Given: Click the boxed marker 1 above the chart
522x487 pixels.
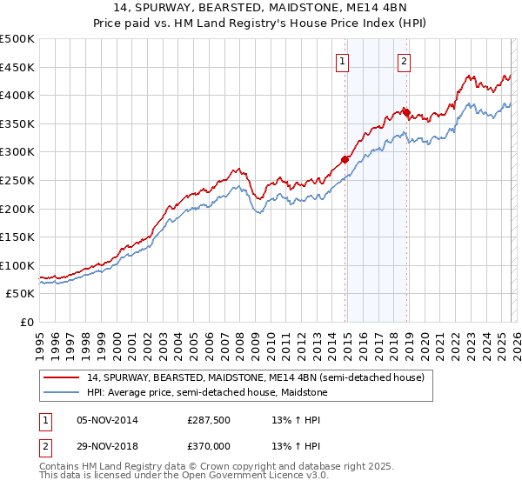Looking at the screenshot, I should coord(343,61).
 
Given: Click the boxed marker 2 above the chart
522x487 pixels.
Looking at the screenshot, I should coord(405,61).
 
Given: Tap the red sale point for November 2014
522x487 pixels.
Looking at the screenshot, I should coord(345,159).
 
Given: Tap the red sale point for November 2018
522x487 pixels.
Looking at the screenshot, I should coord(407,112).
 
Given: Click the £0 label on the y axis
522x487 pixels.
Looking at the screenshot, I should coord(26,323).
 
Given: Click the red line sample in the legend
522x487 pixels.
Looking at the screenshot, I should coord(63,378).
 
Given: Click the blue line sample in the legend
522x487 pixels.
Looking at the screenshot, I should coord(63,393).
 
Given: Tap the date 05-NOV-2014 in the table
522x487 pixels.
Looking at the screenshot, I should coord(107,419).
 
